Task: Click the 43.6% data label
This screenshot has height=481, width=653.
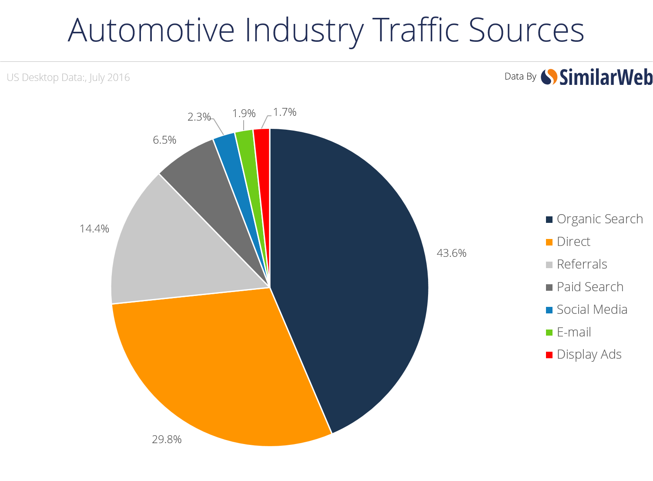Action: (452, 253)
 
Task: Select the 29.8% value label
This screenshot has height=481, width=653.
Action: (167, 439)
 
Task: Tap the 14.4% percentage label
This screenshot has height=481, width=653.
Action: (94, 229)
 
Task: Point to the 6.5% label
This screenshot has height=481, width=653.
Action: (164, 140)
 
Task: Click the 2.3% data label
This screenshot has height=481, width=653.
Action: (199, 117)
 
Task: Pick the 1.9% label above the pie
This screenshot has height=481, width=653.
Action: (244, 113)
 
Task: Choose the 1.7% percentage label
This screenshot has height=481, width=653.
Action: (285, 112)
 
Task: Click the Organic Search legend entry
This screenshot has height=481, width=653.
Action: (595, 219)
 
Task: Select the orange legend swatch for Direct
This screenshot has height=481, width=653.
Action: (549, 242)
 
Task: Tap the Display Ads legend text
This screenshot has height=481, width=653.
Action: (589, 354)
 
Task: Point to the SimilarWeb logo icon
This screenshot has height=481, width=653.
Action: (549, 77)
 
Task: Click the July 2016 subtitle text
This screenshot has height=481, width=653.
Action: (110, 77)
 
